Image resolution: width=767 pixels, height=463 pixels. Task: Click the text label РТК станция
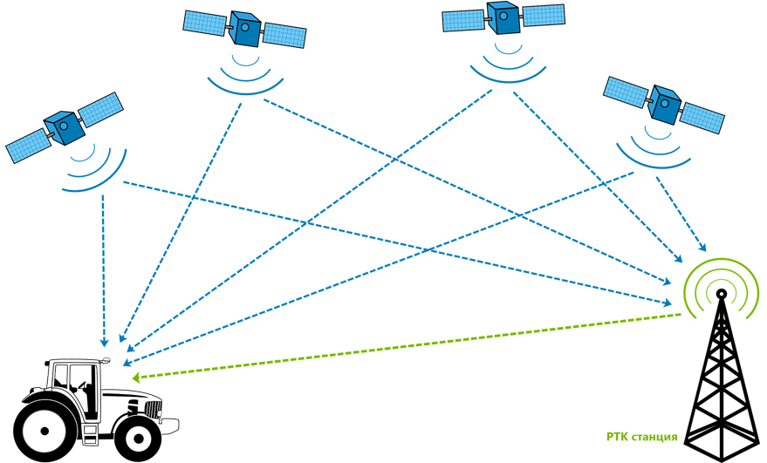pos(641,437)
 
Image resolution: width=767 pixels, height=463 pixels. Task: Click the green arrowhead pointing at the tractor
pos(136,378)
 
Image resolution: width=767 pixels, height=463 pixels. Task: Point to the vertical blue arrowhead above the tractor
pos(104,343)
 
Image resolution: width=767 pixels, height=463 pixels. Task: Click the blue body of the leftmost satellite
pos(63,127)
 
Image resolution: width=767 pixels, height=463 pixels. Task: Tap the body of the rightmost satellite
pos(664,104)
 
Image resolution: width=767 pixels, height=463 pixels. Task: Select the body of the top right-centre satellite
pos(504,17)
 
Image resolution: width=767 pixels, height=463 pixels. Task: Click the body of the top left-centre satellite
pos(245,29)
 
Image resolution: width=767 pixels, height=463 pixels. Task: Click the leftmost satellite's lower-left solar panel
pos(27,146)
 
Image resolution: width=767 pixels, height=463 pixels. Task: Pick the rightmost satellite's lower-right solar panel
pos(702,118)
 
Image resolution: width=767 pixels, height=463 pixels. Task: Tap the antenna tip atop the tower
pos(721,294)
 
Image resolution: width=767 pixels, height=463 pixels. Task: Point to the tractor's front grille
pos(153,409)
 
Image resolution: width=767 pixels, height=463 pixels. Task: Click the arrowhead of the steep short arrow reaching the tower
pos(702,247)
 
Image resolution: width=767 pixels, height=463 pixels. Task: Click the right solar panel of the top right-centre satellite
pos(544,15)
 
